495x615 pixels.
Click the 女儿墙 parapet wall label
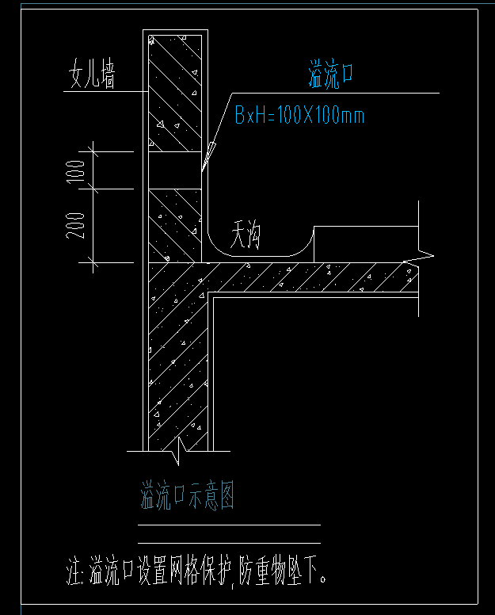[92, 74]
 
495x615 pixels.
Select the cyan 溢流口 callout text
[331, 74]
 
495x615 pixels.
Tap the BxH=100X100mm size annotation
[300, 116]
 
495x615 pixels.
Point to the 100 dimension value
[76, 171]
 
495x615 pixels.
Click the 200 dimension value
[75, 226]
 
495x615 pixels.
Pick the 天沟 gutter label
[245, 235]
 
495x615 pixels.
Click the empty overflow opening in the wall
[175, 170]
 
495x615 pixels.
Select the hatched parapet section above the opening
[175, 94]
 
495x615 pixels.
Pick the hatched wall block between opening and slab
[175, 226]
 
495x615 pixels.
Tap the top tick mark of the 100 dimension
[93, 151]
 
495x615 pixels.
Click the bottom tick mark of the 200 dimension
[93, 262]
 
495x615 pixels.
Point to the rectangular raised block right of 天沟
[366, 244]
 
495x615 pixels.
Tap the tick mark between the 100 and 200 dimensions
[93, 189]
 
